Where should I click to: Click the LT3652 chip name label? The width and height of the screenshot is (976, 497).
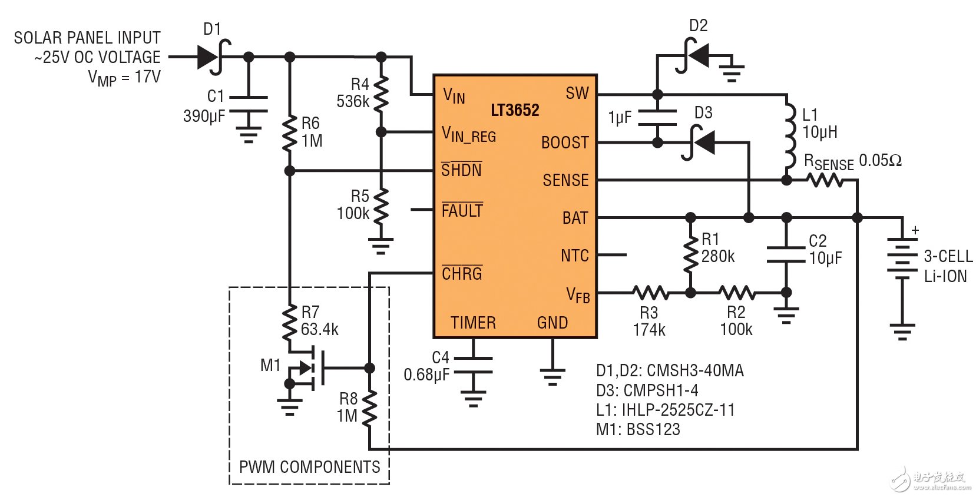point(515,110)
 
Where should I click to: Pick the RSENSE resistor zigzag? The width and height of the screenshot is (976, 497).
point(825,180)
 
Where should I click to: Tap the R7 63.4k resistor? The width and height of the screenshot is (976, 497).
point(289,322)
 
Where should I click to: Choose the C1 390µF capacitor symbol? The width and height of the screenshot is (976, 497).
point(249,104)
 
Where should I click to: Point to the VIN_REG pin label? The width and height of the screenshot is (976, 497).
point(469,135)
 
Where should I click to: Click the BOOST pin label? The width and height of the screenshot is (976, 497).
point(564,143)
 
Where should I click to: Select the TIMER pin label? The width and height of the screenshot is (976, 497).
point(473,323)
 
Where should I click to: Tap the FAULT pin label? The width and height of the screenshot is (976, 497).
point(462,210)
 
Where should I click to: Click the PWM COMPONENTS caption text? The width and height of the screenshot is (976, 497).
point(309,467)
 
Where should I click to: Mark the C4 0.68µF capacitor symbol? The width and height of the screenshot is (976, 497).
point(472,365)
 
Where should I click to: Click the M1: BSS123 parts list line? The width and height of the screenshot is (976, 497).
point(638,429)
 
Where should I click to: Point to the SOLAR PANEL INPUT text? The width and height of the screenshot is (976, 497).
point(87,38)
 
